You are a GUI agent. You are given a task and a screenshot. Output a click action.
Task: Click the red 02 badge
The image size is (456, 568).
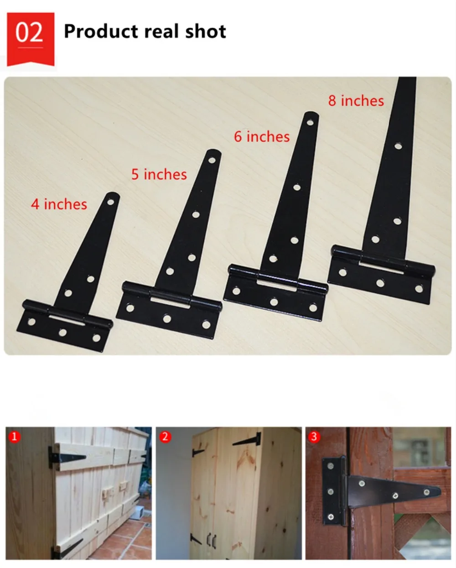[31, 39]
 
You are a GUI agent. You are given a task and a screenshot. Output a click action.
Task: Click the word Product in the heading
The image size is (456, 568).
[100, 31]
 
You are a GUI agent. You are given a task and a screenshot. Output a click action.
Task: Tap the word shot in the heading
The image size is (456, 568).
[206, 31]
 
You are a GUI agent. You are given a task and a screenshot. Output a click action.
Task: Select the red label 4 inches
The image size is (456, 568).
[59, 204]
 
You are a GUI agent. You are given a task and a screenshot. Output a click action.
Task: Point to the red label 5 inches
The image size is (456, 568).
[159, 174]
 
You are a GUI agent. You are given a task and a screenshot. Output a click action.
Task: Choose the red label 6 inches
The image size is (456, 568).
[262, 136]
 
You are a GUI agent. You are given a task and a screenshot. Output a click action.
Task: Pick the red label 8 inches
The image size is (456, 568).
[356, 101]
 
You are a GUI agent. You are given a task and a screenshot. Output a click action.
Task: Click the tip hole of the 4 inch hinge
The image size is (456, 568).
[110, 203]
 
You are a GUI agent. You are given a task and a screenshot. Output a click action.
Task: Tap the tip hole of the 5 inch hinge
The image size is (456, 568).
[212, 160]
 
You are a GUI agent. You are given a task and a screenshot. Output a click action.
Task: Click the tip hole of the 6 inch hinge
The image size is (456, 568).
[310, 122]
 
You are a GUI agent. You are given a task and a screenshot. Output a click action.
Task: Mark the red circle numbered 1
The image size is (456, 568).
[14, 436]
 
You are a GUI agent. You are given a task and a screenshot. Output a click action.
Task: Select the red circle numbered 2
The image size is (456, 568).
[165, 436]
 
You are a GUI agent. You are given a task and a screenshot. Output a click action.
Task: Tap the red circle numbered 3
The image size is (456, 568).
[314, 436]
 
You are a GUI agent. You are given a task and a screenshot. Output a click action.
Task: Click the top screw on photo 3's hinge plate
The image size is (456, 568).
[331, 466]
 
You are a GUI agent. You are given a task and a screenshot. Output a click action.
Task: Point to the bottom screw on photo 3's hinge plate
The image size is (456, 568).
[331, 517]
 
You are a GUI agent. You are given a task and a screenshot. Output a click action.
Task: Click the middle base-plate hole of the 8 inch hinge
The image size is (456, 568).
[380, 283]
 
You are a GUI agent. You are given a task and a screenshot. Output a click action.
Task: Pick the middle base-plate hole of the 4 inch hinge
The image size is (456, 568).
[62, 332]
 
